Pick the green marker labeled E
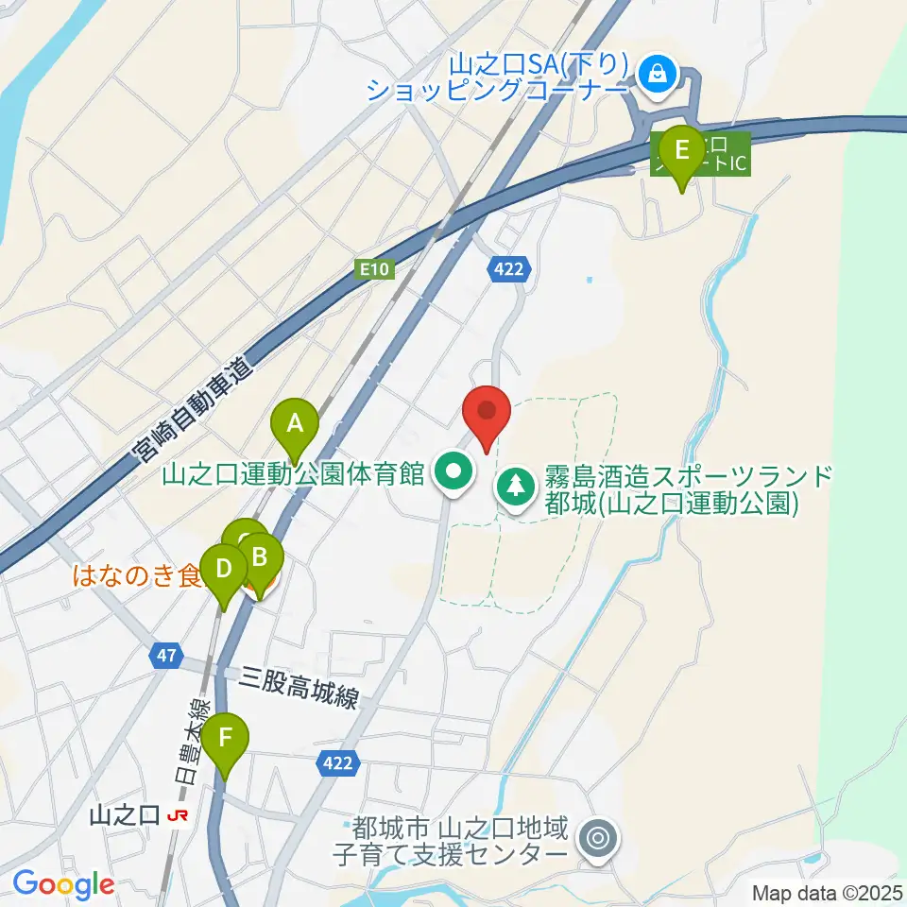pos(680,149)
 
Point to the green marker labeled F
pos(225,737)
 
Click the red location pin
pos(488,412)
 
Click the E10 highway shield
pos(376,271)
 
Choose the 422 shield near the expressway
pos(505,271)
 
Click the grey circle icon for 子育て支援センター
pos(597,837)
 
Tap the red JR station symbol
pos(177,814)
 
